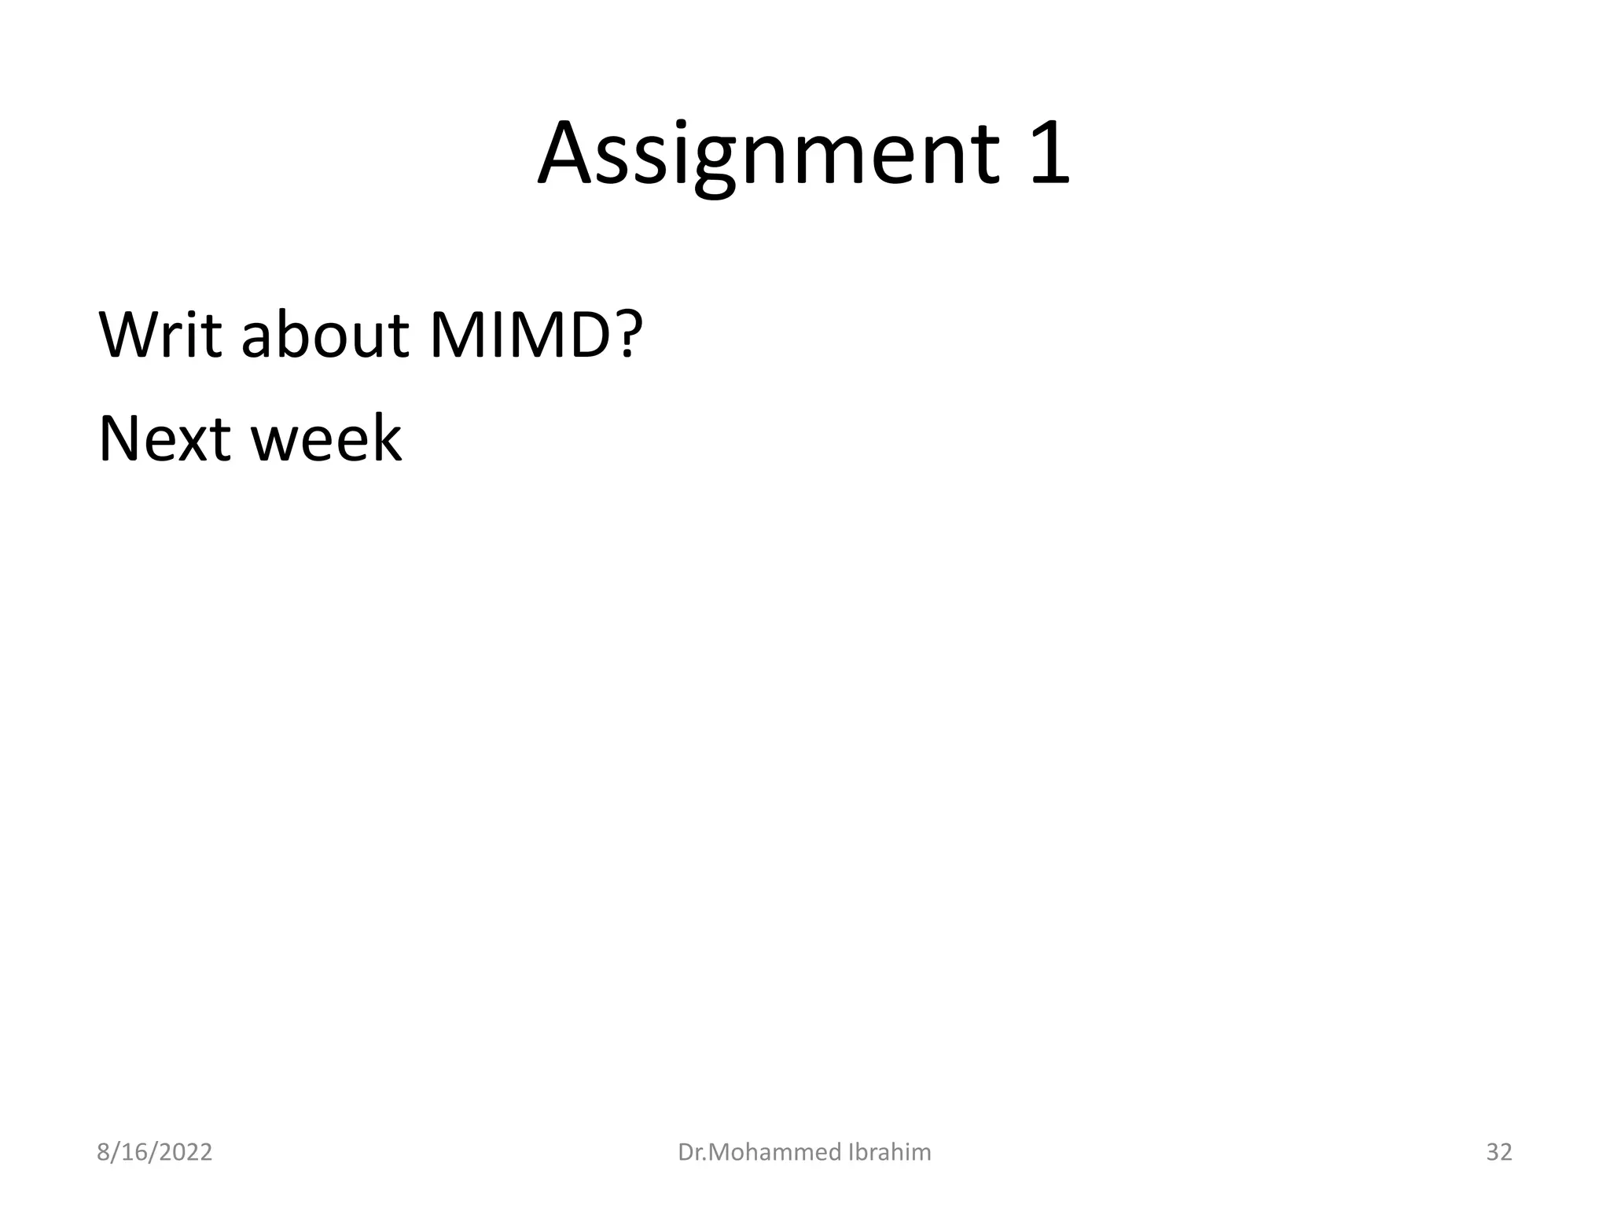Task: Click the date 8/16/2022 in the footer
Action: pos(154,1152)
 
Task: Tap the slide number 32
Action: pos(1498,1152)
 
